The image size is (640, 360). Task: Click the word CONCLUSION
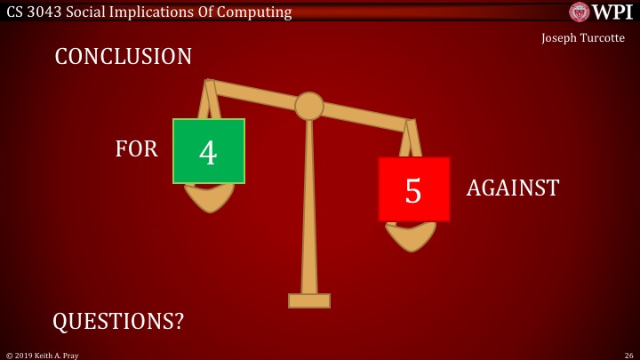pos(123,57)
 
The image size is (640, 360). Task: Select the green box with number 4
pos(208,151)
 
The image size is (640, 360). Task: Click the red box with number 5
pos(413,189)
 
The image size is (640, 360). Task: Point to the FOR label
pos(136,149)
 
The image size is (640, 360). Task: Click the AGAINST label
pos(513,188)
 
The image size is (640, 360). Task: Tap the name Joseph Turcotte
pos(582,38)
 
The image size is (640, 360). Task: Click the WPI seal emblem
pos(579,12)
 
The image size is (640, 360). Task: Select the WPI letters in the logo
pos(612,12)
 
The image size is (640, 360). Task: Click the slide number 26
pos(628,355)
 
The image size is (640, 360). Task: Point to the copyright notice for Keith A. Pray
pos(43,355)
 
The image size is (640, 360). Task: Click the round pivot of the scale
pos(309,106)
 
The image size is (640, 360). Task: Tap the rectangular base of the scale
pos(309,300)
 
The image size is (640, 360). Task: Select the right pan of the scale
pos(411,236)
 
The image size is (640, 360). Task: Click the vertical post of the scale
pos(309,204)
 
